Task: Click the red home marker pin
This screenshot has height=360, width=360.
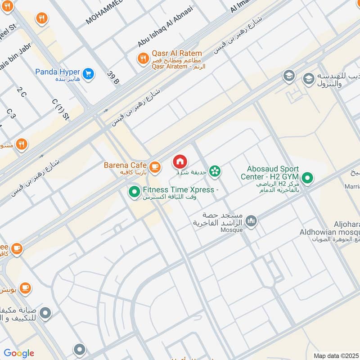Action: tap(180, 162)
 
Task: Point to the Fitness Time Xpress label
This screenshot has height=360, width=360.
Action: tap(179, 190)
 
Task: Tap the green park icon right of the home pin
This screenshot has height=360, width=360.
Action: tap(215, 170)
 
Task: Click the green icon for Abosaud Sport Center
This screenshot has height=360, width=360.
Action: tap(307, 179)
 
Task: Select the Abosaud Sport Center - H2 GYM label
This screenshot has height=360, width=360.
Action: tap(270, 173)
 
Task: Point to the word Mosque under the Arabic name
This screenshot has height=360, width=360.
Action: tap(232, 230)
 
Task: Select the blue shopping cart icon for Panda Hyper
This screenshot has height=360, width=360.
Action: tap(88, 73)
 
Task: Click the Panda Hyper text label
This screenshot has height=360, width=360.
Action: tap(58, 72)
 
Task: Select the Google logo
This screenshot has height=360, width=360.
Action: tap(19, 353)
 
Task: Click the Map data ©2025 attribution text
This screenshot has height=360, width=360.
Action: tap(336, 355)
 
